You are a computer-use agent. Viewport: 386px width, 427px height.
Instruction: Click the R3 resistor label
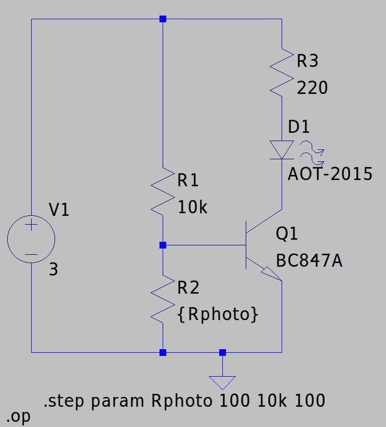tap(307, 61)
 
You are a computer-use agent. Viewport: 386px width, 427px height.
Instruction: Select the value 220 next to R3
tap(312, 88)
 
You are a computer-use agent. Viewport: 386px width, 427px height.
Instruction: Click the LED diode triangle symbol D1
tap(282, 150)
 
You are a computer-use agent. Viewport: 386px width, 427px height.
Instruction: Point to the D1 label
tap(299, 127)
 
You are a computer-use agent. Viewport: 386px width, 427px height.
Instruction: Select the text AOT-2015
tap(330, 174)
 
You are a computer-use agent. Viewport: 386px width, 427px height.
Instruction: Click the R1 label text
tap(188, 181)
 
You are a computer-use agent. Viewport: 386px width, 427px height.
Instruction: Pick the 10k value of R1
tap(192, 208)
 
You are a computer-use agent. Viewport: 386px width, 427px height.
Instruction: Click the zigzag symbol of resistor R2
tap(163, 299)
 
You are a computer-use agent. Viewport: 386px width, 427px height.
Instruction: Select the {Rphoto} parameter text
tap(217, 314)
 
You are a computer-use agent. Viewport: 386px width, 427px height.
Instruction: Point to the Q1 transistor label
tap(287, 235)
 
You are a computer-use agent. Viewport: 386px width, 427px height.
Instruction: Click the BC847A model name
tap(309, 261)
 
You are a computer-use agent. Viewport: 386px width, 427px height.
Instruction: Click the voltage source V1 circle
tap(31, 239)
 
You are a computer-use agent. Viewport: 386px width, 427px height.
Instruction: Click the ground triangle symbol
tap(222, 382)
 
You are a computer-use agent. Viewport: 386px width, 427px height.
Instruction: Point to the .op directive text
tap(19, 416)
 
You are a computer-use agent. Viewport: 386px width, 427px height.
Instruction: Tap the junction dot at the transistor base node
tap(163, 245)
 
